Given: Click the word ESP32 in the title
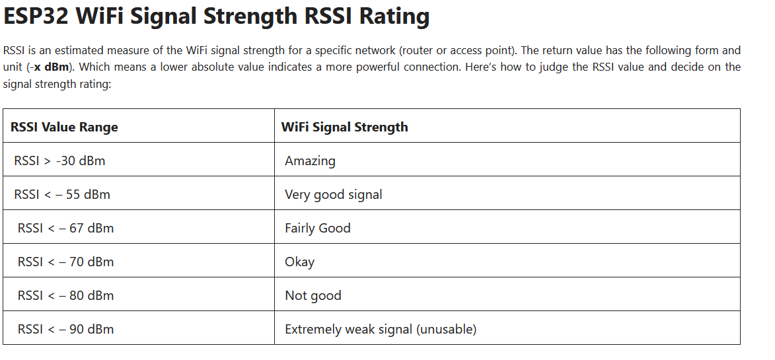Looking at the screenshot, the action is (36, 17).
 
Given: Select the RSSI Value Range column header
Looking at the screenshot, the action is (64, 127).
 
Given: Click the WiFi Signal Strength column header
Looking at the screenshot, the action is (344, 127).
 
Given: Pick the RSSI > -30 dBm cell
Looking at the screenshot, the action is (59, 161).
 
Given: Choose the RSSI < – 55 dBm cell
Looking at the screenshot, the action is (62, 194).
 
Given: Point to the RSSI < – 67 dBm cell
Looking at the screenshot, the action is (65, 228).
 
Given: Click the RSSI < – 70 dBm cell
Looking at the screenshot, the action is (65, 261).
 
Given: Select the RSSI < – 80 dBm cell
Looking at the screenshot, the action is (65, 295).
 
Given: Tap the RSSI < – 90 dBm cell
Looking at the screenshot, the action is (65, 329).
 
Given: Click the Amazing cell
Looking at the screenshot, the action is (310, 161).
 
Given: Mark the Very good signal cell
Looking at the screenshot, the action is (334, 195).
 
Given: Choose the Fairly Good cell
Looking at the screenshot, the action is (318, 229).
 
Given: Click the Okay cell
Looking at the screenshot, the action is (299, 262).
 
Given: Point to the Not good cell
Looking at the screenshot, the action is (313, 296).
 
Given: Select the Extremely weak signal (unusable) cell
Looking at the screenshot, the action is (381, 330).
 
